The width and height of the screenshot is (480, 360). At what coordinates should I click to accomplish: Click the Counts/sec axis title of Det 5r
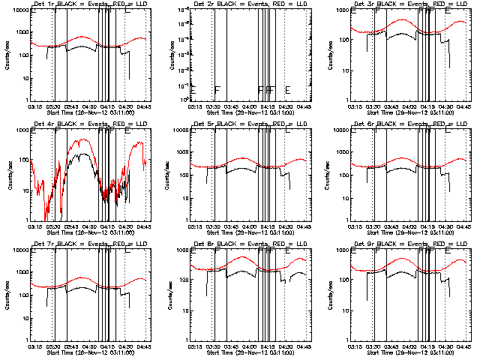tap(166, 175)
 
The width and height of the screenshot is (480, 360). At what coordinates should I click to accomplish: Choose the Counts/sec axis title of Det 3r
tap(327, 55)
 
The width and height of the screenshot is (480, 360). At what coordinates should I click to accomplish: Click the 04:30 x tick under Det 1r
tap(125, 106)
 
